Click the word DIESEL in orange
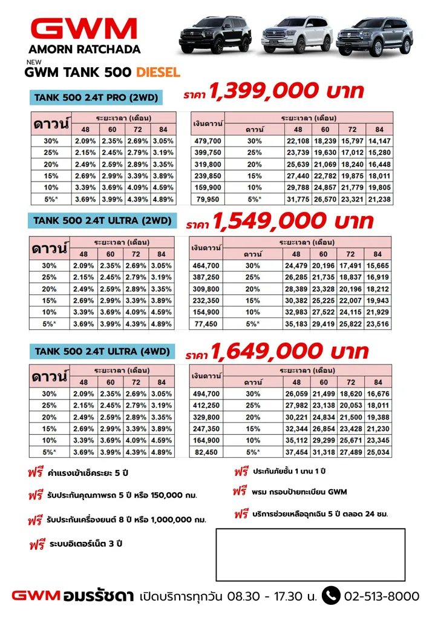(x=158, y=73)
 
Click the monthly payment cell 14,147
(x=379, y=141)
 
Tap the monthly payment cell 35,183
(x=296, y=325)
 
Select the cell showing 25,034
(x=379, y=452)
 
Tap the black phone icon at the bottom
(x=331, y=596)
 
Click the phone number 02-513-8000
(x=381, y=596)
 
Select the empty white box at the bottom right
(x=310, y=555)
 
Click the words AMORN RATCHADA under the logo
(x=84, y=50)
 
